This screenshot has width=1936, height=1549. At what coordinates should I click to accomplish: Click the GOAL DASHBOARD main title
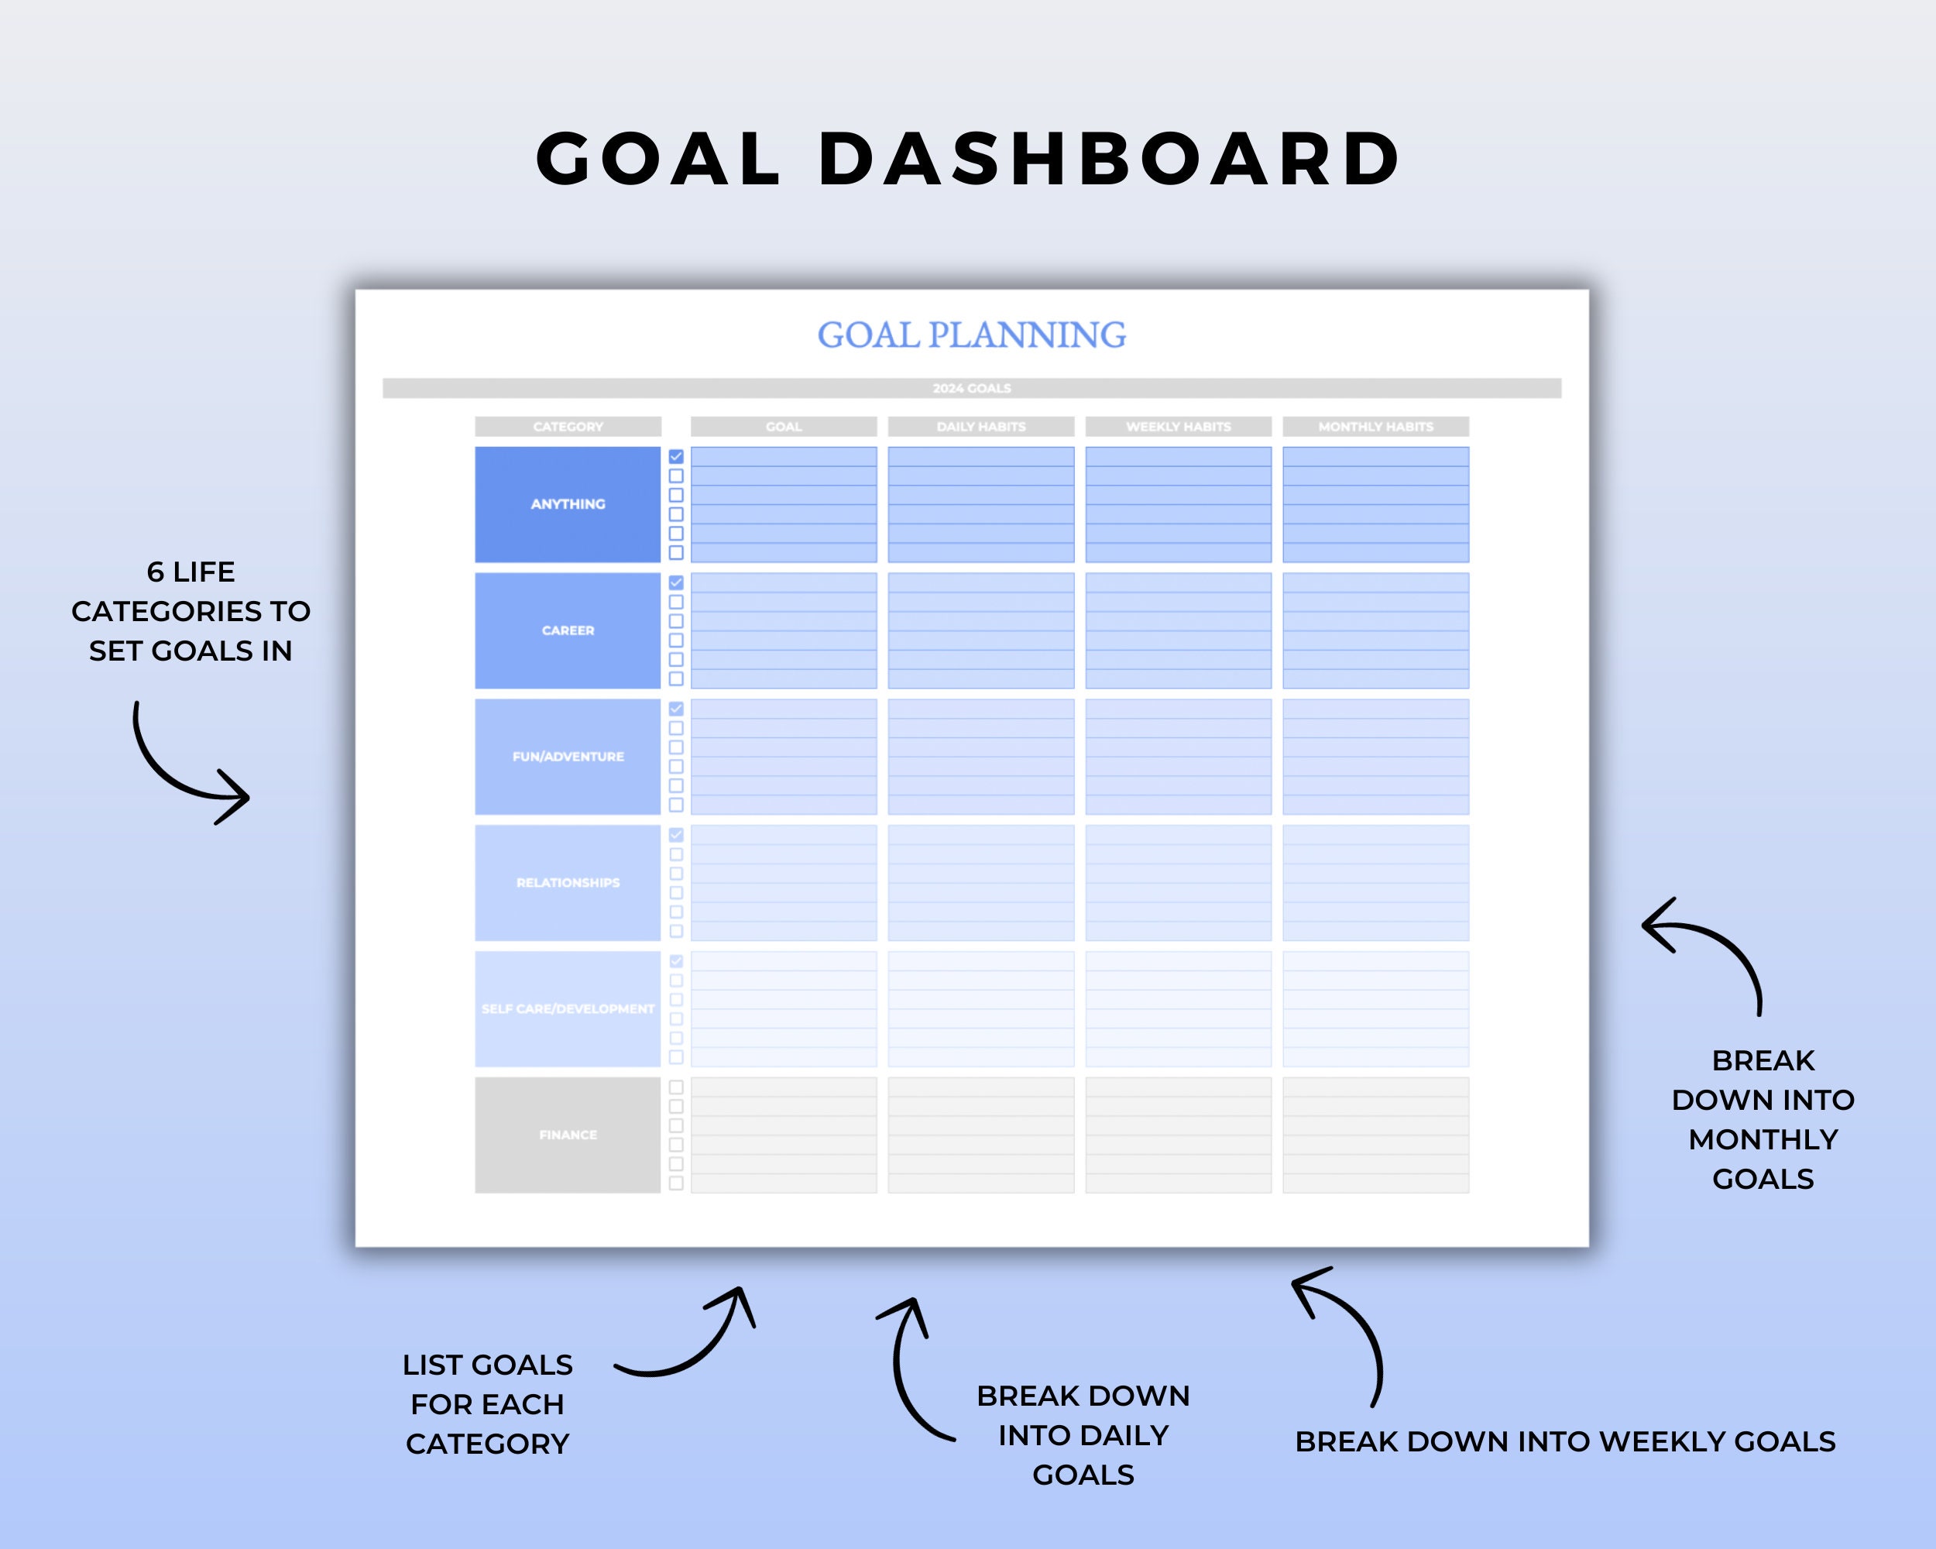[968, 159]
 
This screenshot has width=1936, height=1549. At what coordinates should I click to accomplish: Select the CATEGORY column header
[568, 427]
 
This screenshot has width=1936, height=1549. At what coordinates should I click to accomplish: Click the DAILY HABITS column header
[980, 427]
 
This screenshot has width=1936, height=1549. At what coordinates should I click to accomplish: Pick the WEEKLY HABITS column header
[1178, 427]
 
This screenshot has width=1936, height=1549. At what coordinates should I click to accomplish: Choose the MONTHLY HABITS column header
[1375, 427]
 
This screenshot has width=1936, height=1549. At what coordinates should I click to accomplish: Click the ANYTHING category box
[568, 503]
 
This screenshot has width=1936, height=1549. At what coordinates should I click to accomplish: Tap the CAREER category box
[568, 630]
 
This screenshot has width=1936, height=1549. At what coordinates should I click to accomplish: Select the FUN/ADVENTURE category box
[568, 756]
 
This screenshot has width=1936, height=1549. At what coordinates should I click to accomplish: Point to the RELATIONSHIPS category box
[568, 883]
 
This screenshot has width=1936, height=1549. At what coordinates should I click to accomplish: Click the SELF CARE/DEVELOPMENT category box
[568, 1008]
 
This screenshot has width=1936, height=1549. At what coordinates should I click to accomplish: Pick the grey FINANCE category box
[568, 1135]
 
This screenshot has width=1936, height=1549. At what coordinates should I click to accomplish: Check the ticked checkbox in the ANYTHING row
[676, 457]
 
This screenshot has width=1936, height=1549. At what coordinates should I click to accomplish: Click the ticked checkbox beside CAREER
[676, 582]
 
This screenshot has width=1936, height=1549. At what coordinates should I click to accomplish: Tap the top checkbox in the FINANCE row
[676, 1087]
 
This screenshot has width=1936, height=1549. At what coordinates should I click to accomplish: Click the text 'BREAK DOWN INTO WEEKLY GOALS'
[1564, 1441]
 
